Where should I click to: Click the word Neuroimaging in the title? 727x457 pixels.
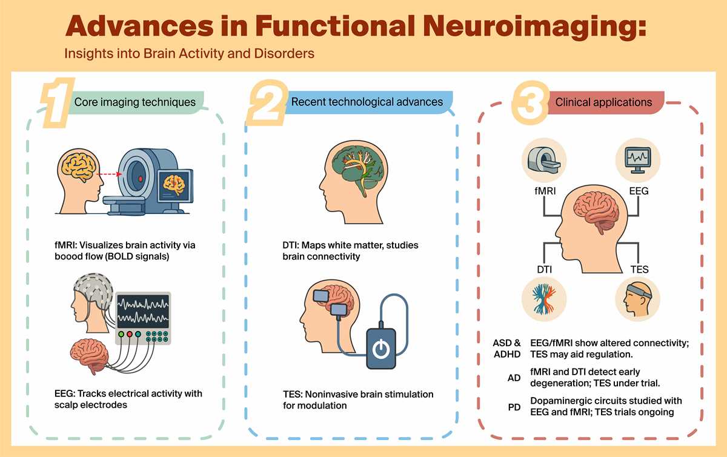(x=534, y=27)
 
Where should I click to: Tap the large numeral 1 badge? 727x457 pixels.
(x=58, y=102)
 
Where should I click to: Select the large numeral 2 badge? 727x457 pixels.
(x=267, y=103)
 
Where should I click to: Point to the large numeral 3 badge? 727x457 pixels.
(x=530, y=103)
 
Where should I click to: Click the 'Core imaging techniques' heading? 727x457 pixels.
(x=135, y=102)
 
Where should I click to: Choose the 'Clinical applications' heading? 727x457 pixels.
(x=603, y=102)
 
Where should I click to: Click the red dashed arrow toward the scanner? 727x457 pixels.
(x=109, y=174)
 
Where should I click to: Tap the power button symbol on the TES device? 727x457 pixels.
(x=380, y=350)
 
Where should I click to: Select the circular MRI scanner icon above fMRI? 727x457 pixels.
(x=544, y=160)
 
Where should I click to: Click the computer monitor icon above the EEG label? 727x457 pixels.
(x=638, y=160)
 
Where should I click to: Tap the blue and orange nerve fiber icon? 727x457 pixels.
(x=544, y=299)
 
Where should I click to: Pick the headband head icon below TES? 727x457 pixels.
(x=637, y=299)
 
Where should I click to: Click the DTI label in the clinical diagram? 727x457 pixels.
(x=544, y=270)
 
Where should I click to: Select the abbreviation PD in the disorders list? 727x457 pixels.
(x=514, y=407)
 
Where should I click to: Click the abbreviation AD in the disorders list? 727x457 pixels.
(x=514, y=378)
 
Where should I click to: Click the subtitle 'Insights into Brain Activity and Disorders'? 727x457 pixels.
(x=189, y=53)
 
